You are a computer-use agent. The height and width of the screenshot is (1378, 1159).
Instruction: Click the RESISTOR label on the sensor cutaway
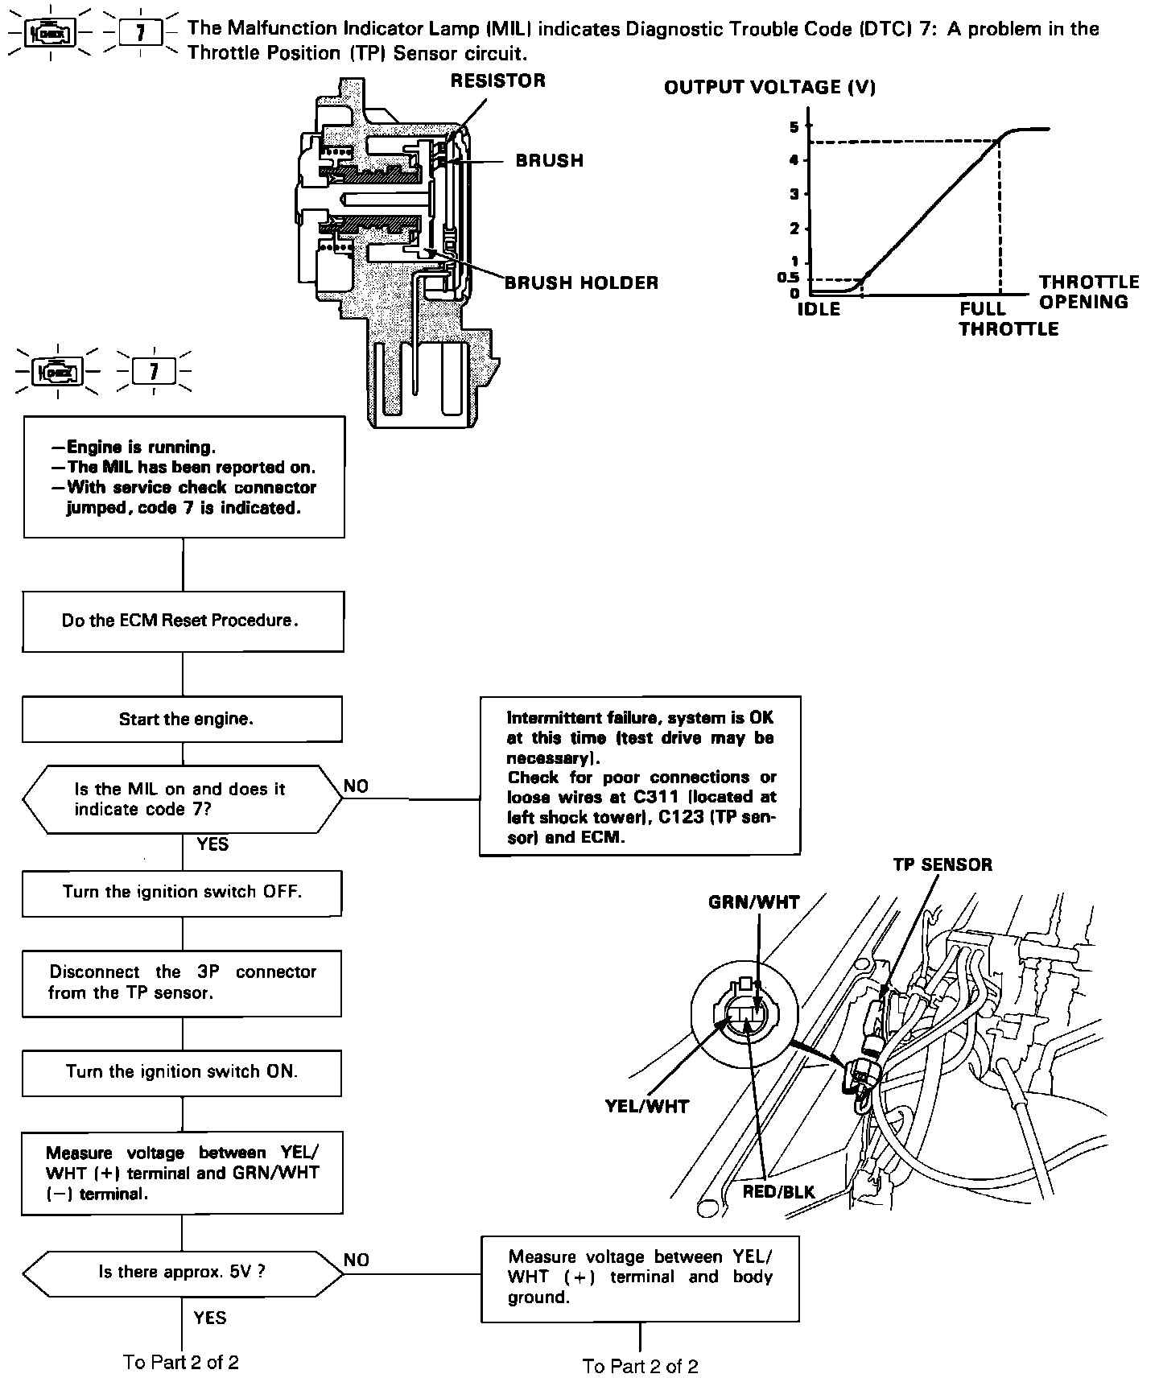click(497, 80)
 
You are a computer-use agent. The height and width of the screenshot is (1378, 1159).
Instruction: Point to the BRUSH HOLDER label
click(581, 283)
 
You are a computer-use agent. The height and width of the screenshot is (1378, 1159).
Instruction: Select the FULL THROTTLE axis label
click(1008, 319)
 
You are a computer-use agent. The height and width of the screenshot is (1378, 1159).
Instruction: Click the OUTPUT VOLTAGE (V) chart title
click(769, 88)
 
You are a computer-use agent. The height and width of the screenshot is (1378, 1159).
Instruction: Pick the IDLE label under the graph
click(819, 310)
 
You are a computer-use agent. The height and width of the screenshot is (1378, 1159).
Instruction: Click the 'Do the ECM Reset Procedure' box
click(183, 621)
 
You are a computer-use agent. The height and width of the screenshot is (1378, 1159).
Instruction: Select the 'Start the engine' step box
click(182, 720)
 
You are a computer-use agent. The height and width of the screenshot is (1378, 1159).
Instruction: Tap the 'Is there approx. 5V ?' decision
click(182, 1272)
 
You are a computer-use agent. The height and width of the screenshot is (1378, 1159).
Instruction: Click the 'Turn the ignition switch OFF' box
click(182, 893)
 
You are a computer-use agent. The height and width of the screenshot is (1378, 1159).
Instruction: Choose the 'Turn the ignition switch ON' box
click(182, 1072)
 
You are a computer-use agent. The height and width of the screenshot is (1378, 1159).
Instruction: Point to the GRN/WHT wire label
click(754, 902)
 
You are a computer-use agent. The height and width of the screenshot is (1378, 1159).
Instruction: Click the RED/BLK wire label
click(778, 1191)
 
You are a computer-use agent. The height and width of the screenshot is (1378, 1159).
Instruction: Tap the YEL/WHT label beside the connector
click(647, 1107)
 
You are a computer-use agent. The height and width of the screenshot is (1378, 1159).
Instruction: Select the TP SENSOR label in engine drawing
click(942, 864)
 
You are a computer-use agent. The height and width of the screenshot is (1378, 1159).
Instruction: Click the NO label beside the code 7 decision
click(356, 786)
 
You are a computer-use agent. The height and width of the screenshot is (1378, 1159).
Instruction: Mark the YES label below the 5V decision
click(210, 1318)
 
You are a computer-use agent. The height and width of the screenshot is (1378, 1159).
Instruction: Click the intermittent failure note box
click(640, 776)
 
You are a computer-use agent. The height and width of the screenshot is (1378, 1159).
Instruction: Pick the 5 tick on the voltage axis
click(794, 127)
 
